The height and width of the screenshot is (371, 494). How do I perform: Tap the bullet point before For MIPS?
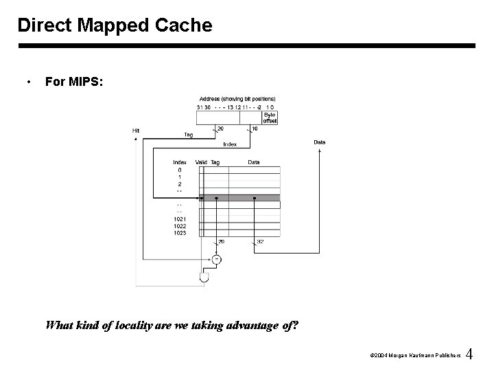point(27,82)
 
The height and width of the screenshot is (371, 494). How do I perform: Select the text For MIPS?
point(74,82)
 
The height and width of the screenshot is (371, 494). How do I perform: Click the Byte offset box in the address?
point(270,117)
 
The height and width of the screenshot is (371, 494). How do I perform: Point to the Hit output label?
point(136,131)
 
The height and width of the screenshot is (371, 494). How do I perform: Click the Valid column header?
point(201,162)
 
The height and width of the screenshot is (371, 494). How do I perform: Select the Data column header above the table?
point(254,162)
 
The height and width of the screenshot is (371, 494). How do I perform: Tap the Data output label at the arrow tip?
point(320,142)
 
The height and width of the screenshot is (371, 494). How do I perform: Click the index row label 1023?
point(180,233)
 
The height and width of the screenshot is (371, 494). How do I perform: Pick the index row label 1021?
point(180,219)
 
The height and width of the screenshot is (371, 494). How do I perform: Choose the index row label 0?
point(180,170)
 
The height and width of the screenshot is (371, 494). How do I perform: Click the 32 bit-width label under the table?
point(260,242)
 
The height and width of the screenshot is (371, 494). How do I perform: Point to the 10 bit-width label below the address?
point(255,128)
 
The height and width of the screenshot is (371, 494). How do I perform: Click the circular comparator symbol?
point(216,259)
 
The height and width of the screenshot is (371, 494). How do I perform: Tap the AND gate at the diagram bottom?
point(204,278)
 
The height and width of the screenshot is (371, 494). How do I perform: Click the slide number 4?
point(469,355)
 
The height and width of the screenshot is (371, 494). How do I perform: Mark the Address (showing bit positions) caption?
point(237,98)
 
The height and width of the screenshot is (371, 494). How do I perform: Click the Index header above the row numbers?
point(180,162)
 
